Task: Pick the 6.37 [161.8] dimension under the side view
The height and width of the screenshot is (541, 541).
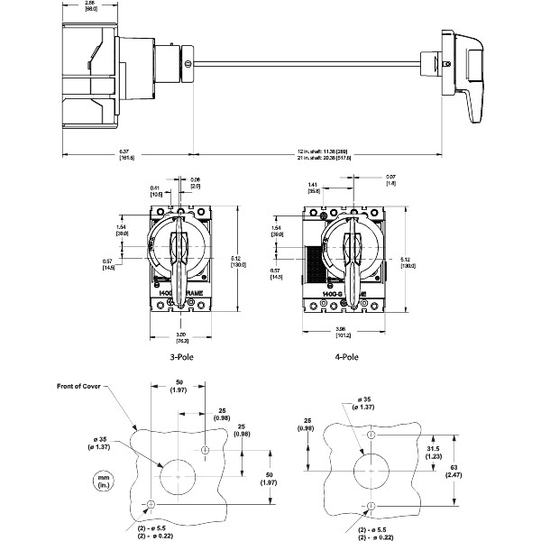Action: [127, 154]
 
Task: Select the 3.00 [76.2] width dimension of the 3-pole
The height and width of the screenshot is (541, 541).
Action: [180, 339]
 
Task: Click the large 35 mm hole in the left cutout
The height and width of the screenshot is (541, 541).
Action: [179, 473]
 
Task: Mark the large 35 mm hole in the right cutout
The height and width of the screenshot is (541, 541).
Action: [371, 470]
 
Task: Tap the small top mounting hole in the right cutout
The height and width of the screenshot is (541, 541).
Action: [371, 436]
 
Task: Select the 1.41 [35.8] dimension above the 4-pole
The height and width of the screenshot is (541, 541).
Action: [314, 188]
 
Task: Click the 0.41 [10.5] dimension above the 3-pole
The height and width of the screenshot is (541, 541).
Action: [157, 190]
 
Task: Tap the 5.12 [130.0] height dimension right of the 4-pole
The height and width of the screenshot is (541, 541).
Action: [408, 262]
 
